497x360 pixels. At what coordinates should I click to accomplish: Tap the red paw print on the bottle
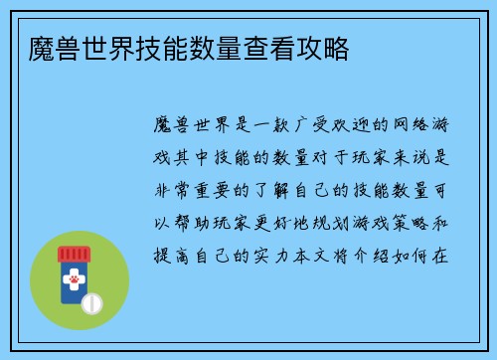pyautogui.click(x=75, y=280)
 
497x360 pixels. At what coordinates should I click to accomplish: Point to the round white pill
pyautogui.click(x=92, y=302)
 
